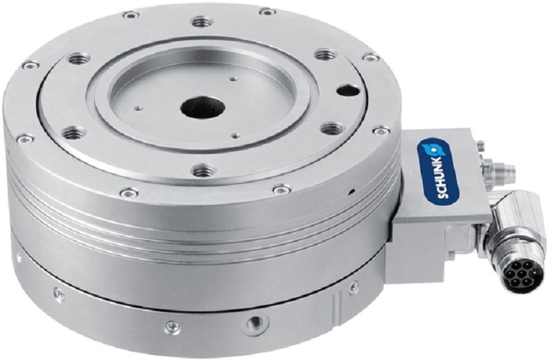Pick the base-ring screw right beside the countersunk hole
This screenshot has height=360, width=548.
click(x=172, y=326)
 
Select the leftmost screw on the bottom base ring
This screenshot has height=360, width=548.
click(x=59, y=294)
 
